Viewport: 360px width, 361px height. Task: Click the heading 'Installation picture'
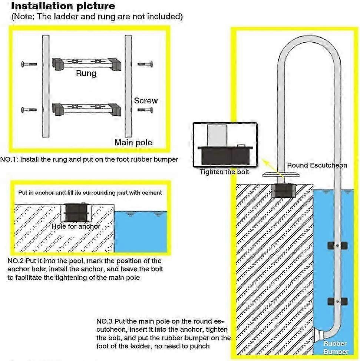pyautogui.click(x=63, y=6)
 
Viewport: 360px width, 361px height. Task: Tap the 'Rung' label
pyautogui.click(x=86, y=73)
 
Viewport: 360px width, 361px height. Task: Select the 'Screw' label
pyautogui.click(x=146, y=100)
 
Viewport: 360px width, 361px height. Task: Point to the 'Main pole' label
pyautogui.click(x=133, y=142)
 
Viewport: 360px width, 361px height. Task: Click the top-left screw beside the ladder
pyautogui.click(x=29, y=64)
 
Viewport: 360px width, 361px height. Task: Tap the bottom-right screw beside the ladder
pyautogui.click(x=145, y=109)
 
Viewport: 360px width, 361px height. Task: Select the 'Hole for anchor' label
pyautogui.click(x=76, y=226)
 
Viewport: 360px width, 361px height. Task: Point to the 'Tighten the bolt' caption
pyautogui.click(x=225, y=172)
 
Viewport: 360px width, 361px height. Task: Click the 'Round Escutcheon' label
pyautogui.click(x=317, y=165)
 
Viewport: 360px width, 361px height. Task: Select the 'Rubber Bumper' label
pyautogui.click(x=336, y=348)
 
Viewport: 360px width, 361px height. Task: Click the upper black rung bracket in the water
pyautogui.click(x=337, y=245)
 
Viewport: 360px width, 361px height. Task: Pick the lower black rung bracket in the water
pyautogui.click(x=337, y=301)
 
